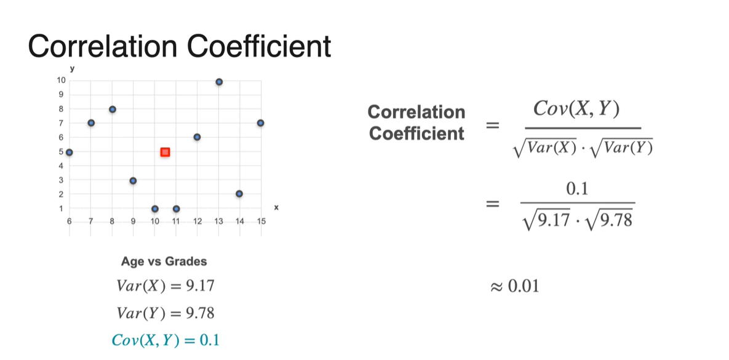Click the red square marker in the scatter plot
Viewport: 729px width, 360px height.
pyautogui.click(x=165, y=151)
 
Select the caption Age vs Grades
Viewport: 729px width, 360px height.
pyautogui.click(x=164, y=261)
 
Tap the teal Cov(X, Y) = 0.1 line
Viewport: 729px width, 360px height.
pyautogui.click(x=165, y=339)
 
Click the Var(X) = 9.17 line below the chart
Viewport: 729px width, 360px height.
pyautogui.click(x=165, y=286)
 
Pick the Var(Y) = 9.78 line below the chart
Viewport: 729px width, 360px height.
pyautogui.click(x=165, y=313)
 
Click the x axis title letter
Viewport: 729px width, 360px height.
pyautogui.click(x=276, y=208)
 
